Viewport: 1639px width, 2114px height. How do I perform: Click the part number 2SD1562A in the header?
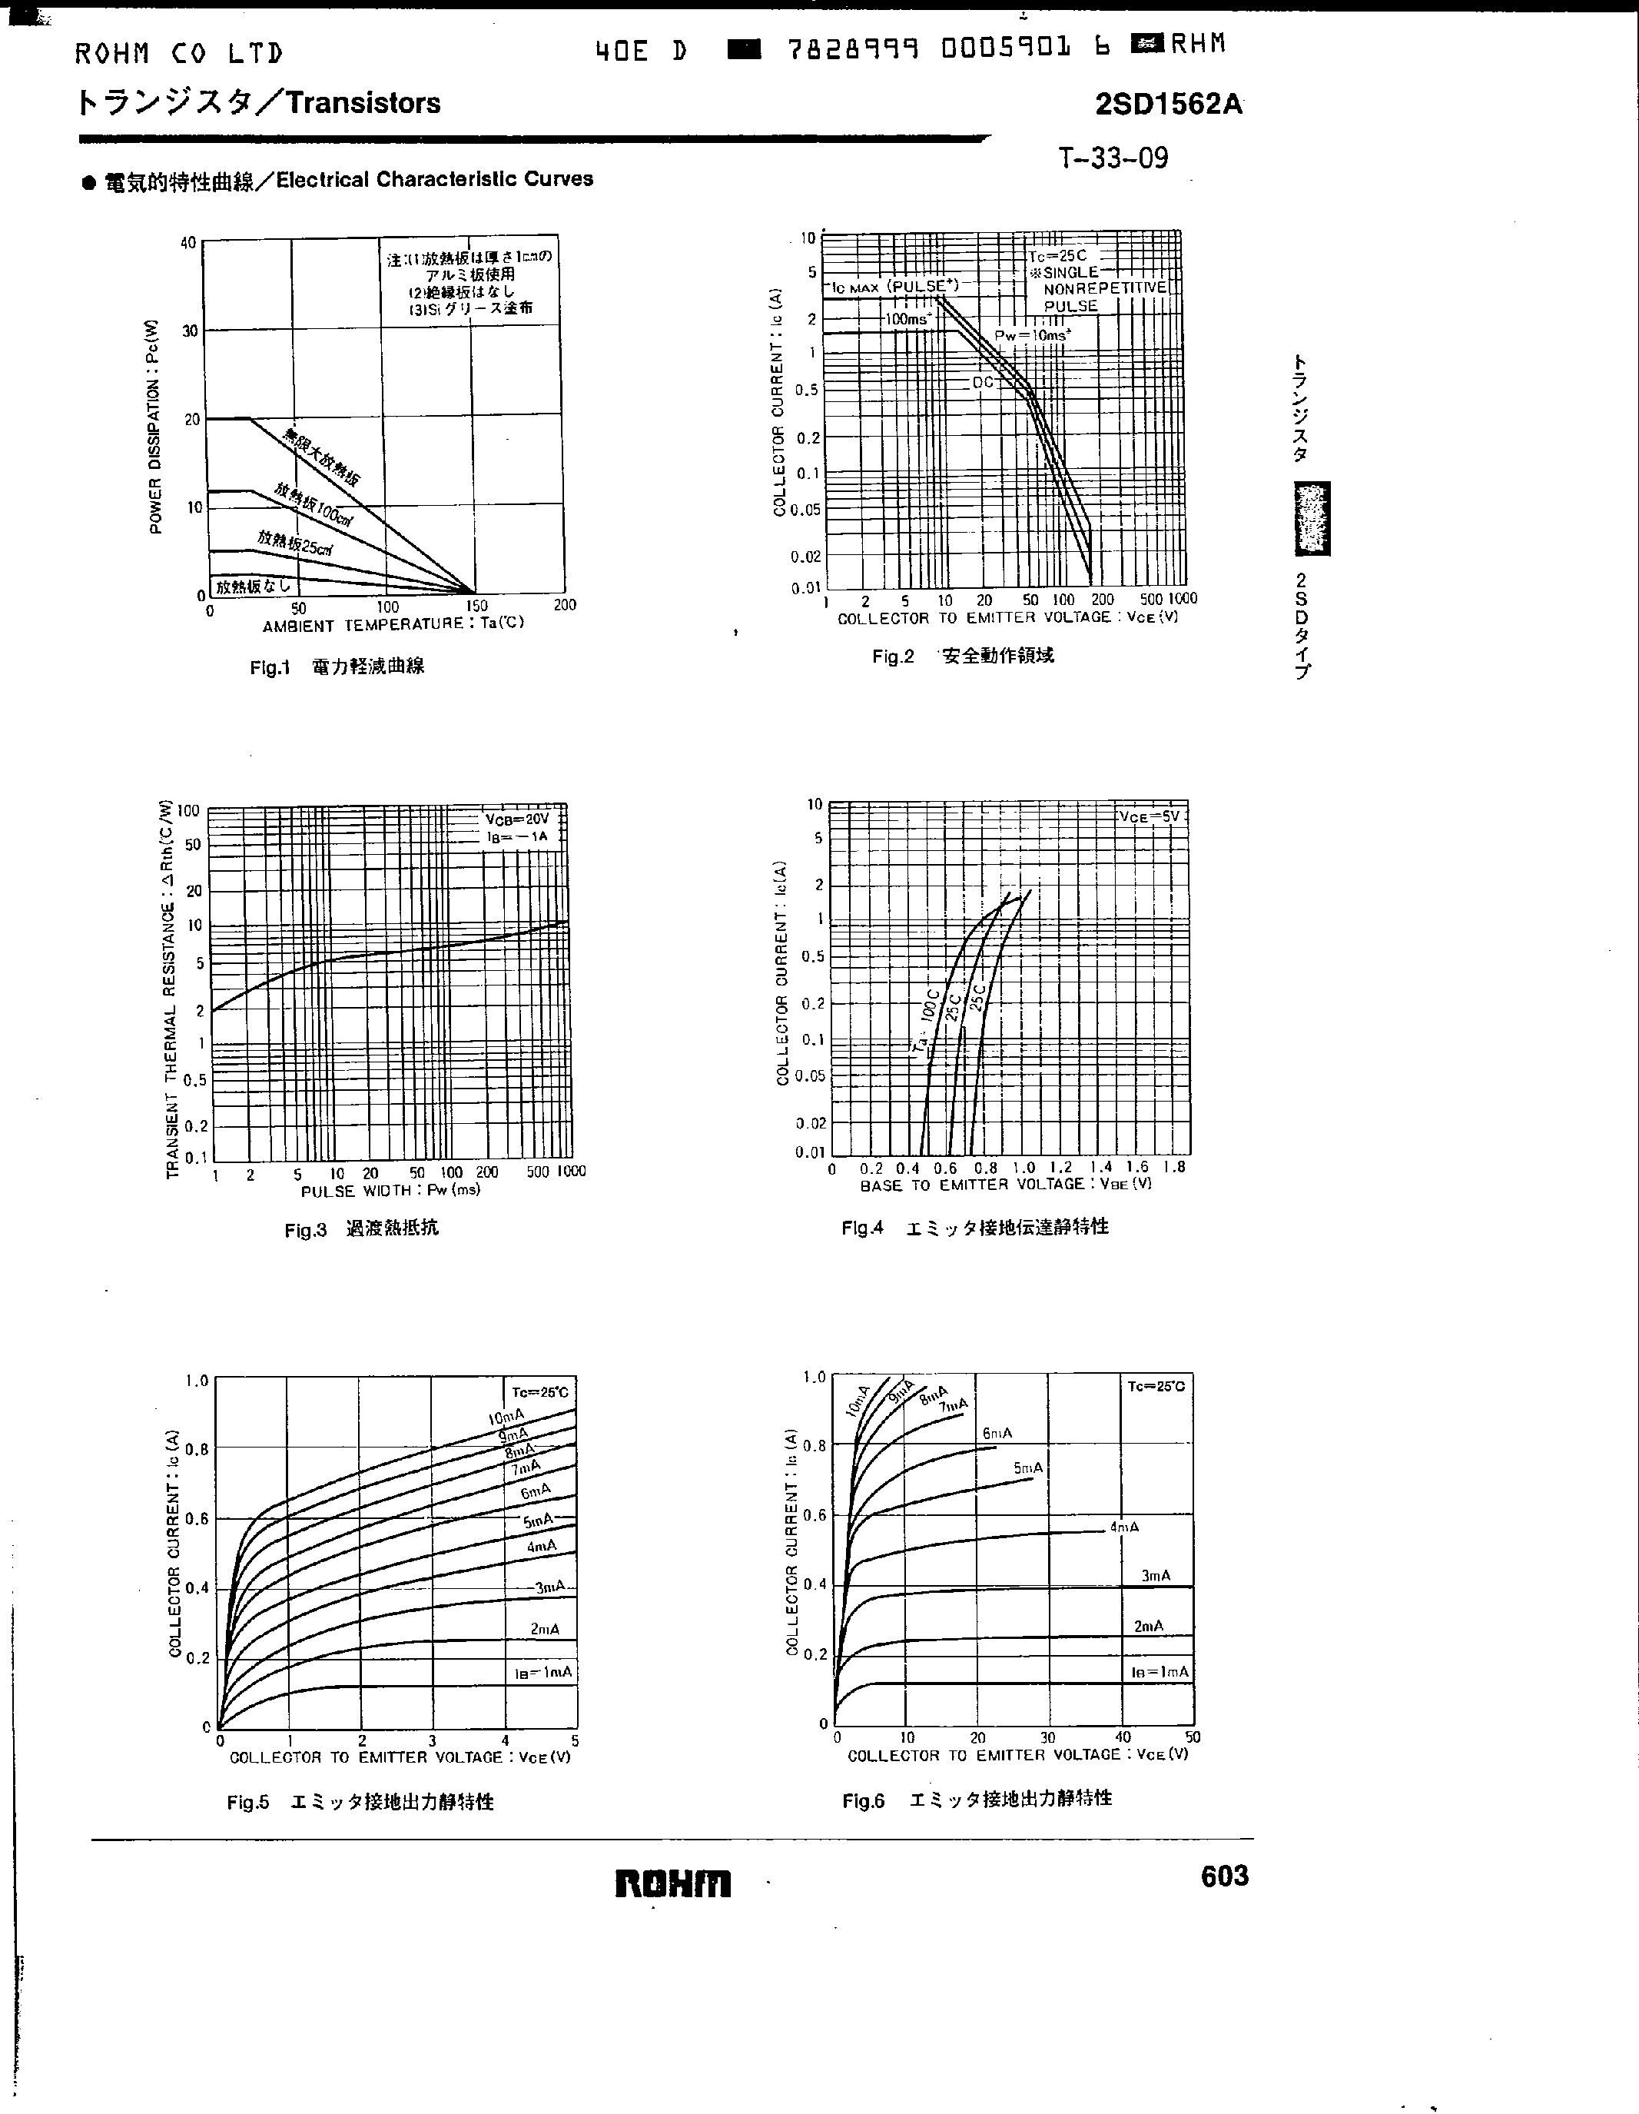(x=1168, y=104)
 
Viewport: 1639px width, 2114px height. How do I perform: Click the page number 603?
(x=1224, y=1876)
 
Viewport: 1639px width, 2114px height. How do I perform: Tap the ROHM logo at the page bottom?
(x=672, y=1883)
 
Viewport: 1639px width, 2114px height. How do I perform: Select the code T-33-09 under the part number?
(x=1113, y=158)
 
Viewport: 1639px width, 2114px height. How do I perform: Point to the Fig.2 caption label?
(x=892, y=656)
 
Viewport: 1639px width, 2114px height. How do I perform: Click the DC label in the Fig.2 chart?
(x=982, y=382)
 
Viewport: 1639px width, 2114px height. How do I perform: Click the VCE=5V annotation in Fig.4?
(x=1150, y=816)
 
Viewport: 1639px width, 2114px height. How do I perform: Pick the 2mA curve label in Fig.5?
(x=545, y=1628)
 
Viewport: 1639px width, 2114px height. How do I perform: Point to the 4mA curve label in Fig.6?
(x=1123, y=1527)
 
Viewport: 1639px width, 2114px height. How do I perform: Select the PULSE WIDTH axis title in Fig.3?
(x=391, y=1190)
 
